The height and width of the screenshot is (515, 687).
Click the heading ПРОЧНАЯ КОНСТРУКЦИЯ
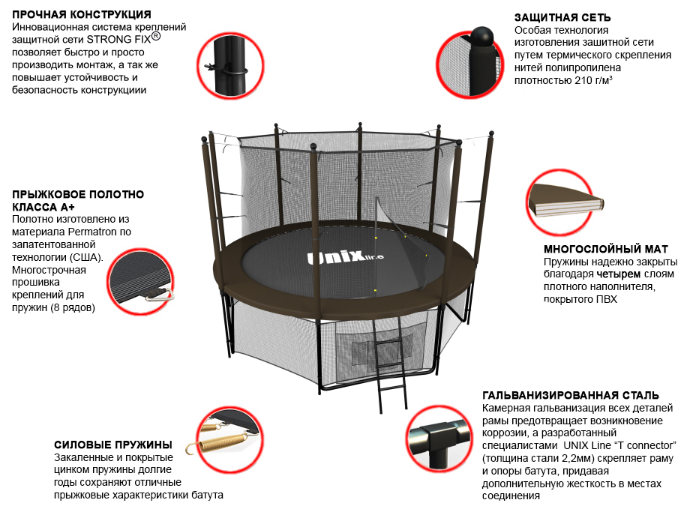point(82,14)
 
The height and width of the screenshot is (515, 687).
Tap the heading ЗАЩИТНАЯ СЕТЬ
point(562,17)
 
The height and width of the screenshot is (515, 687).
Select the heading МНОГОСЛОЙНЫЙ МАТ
point(606,249)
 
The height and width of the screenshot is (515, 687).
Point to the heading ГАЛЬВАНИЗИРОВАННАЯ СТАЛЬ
point(571,395)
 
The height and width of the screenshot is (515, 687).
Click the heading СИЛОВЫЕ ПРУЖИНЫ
point(113,445)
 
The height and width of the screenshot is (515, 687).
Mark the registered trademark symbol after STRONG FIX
point(156,36)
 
